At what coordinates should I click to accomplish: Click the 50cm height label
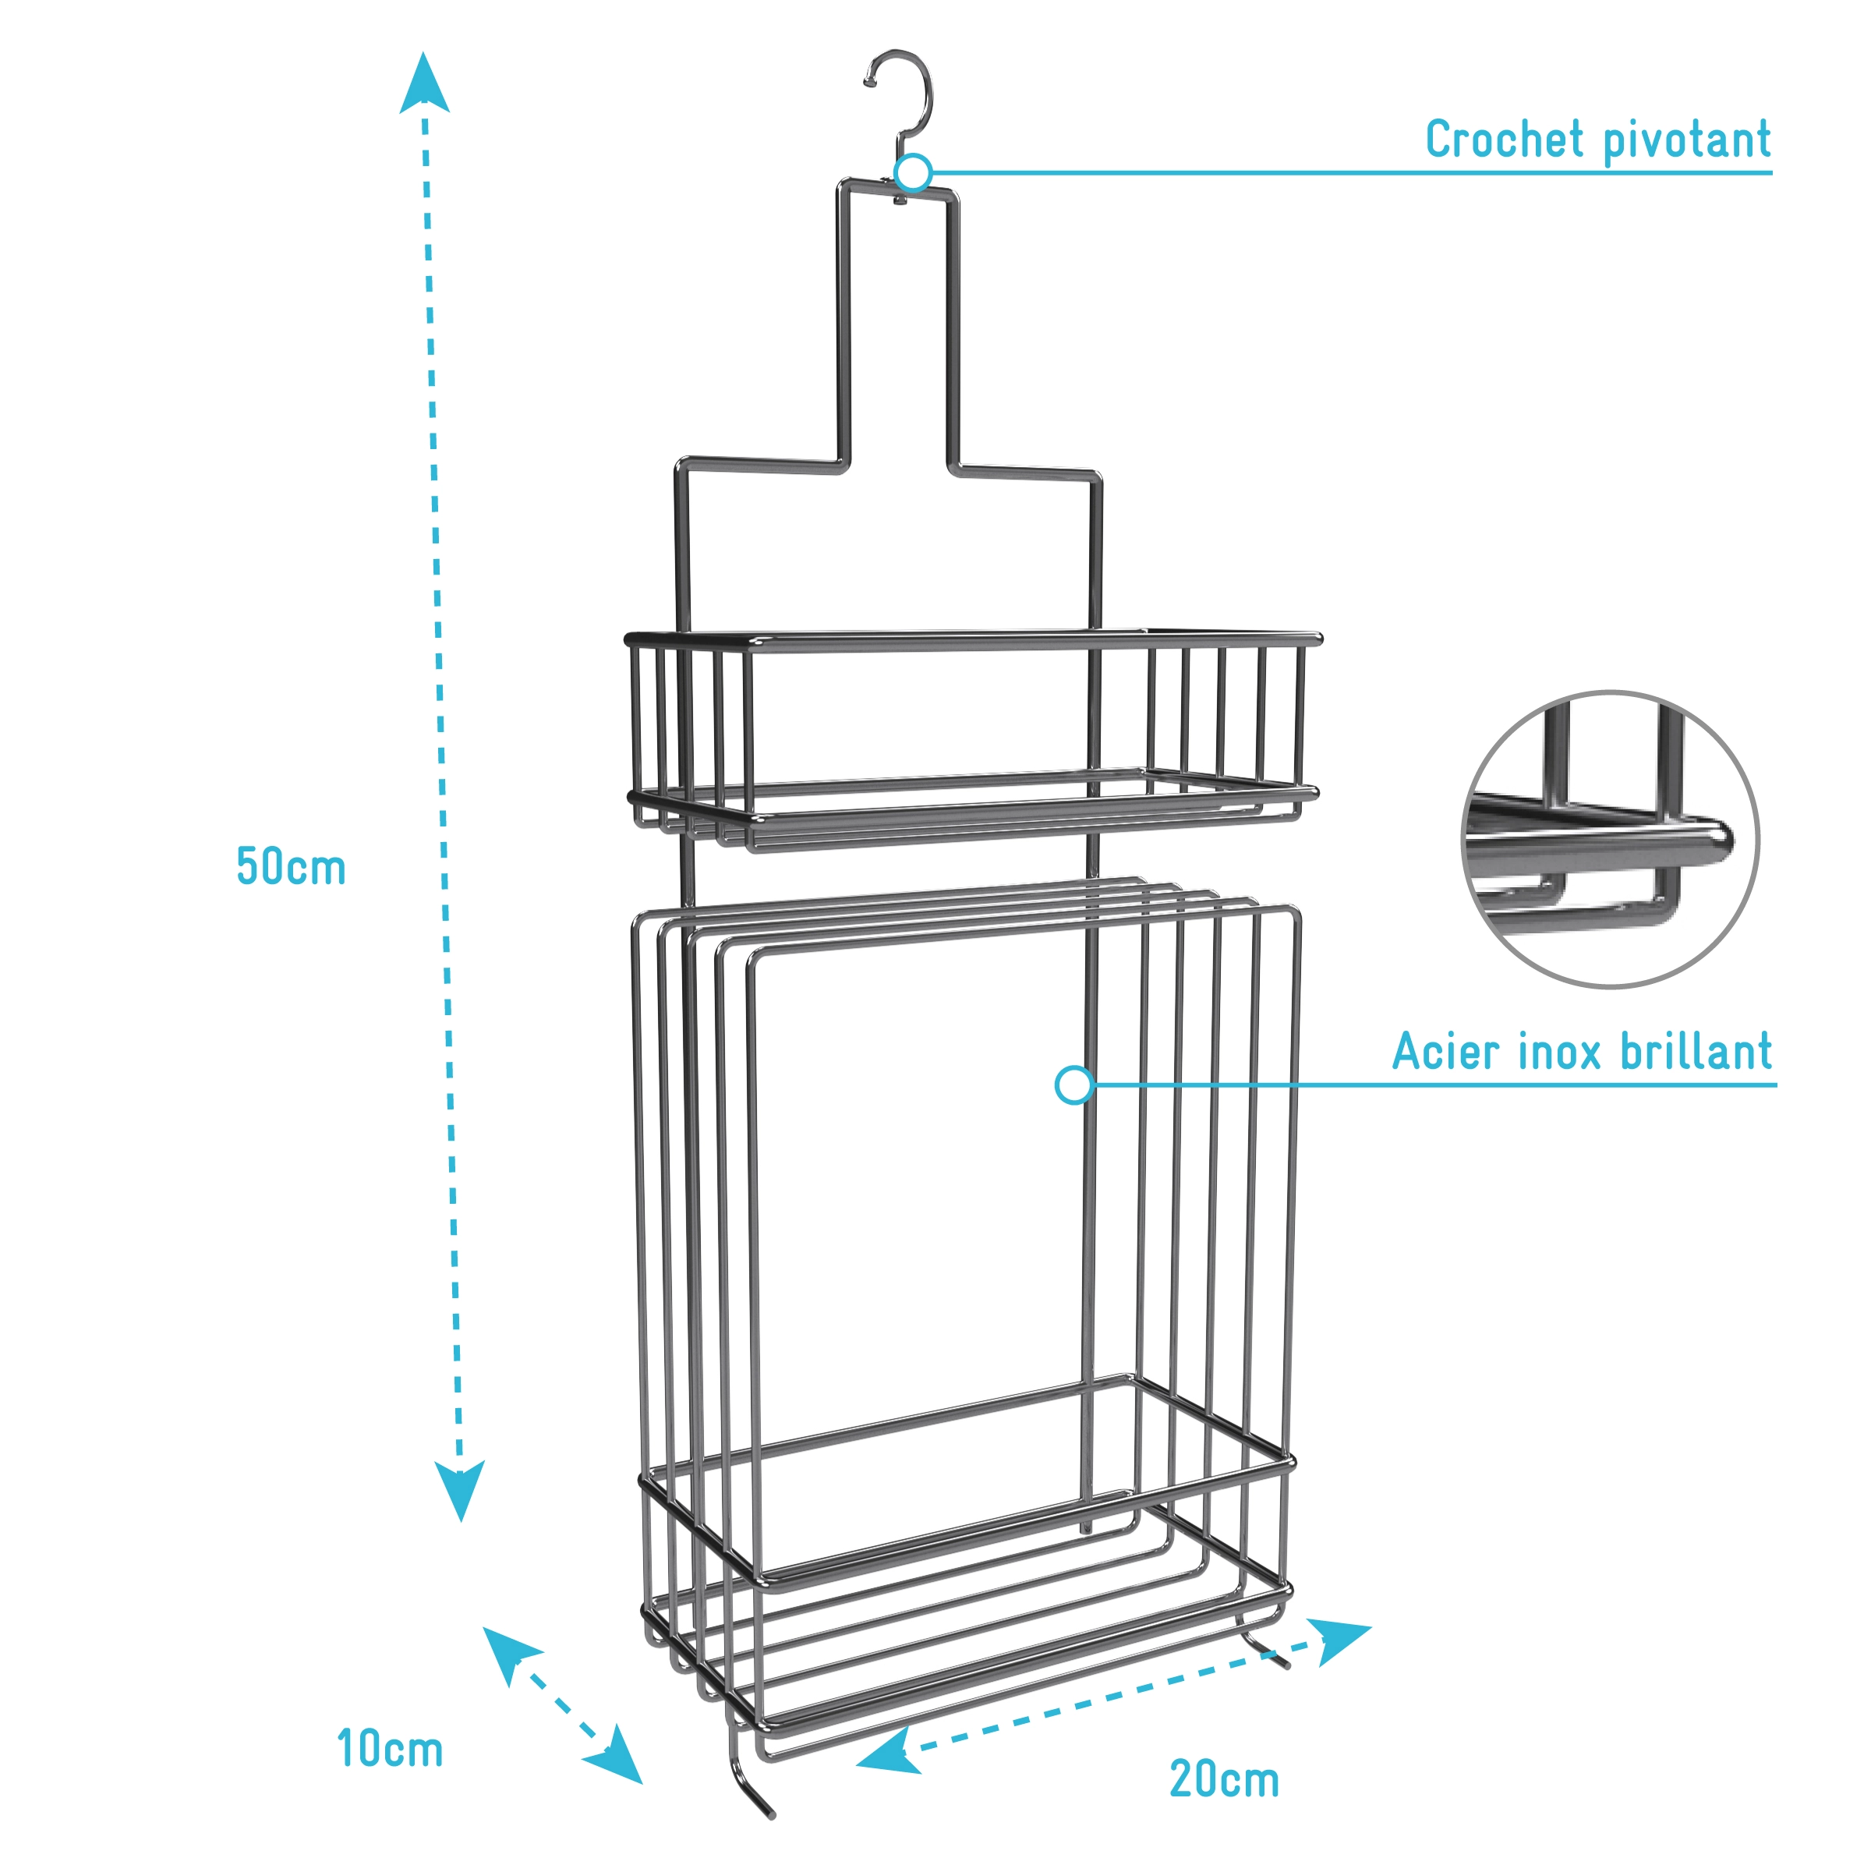click(x=291, y=867)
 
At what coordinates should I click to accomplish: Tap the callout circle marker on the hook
click(x=913, y=173)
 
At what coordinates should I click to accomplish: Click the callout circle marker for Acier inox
click(x=1073, y=1085)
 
